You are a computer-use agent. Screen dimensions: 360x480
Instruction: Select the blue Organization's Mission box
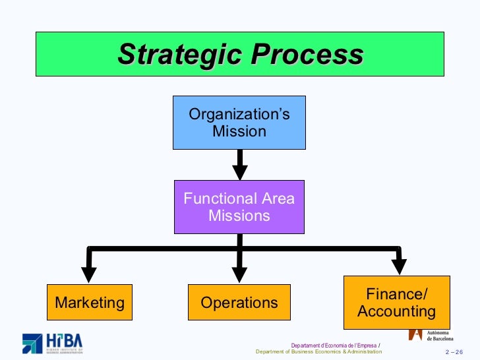[x=239, y=123]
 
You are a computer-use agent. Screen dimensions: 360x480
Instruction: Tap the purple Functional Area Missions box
[x=239, y=207]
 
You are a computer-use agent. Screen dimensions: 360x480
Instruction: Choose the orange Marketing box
[x=90, y=303]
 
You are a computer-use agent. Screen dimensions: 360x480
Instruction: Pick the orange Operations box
[x=239, y=303]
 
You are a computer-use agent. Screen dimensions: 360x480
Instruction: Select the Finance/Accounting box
[x=396, y=303]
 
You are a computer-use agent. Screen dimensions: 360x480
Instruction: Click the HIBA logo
[x=53, y=343]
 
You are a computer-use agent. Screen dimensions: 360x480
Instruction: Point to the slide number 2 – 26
[x=455, y=352]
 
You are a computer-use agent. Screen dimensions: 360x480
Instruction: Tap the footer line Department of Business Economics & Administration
[x=318, y=352]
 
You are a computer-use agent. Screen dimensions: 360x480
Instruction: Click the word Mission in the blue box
[x=239, y=131]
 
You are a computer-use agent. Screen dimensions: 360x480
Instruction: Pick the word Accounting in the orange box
[x=396, y=311]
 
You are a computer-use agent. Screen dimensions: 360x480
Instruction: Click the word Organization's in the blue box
[x=239, y=114]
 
